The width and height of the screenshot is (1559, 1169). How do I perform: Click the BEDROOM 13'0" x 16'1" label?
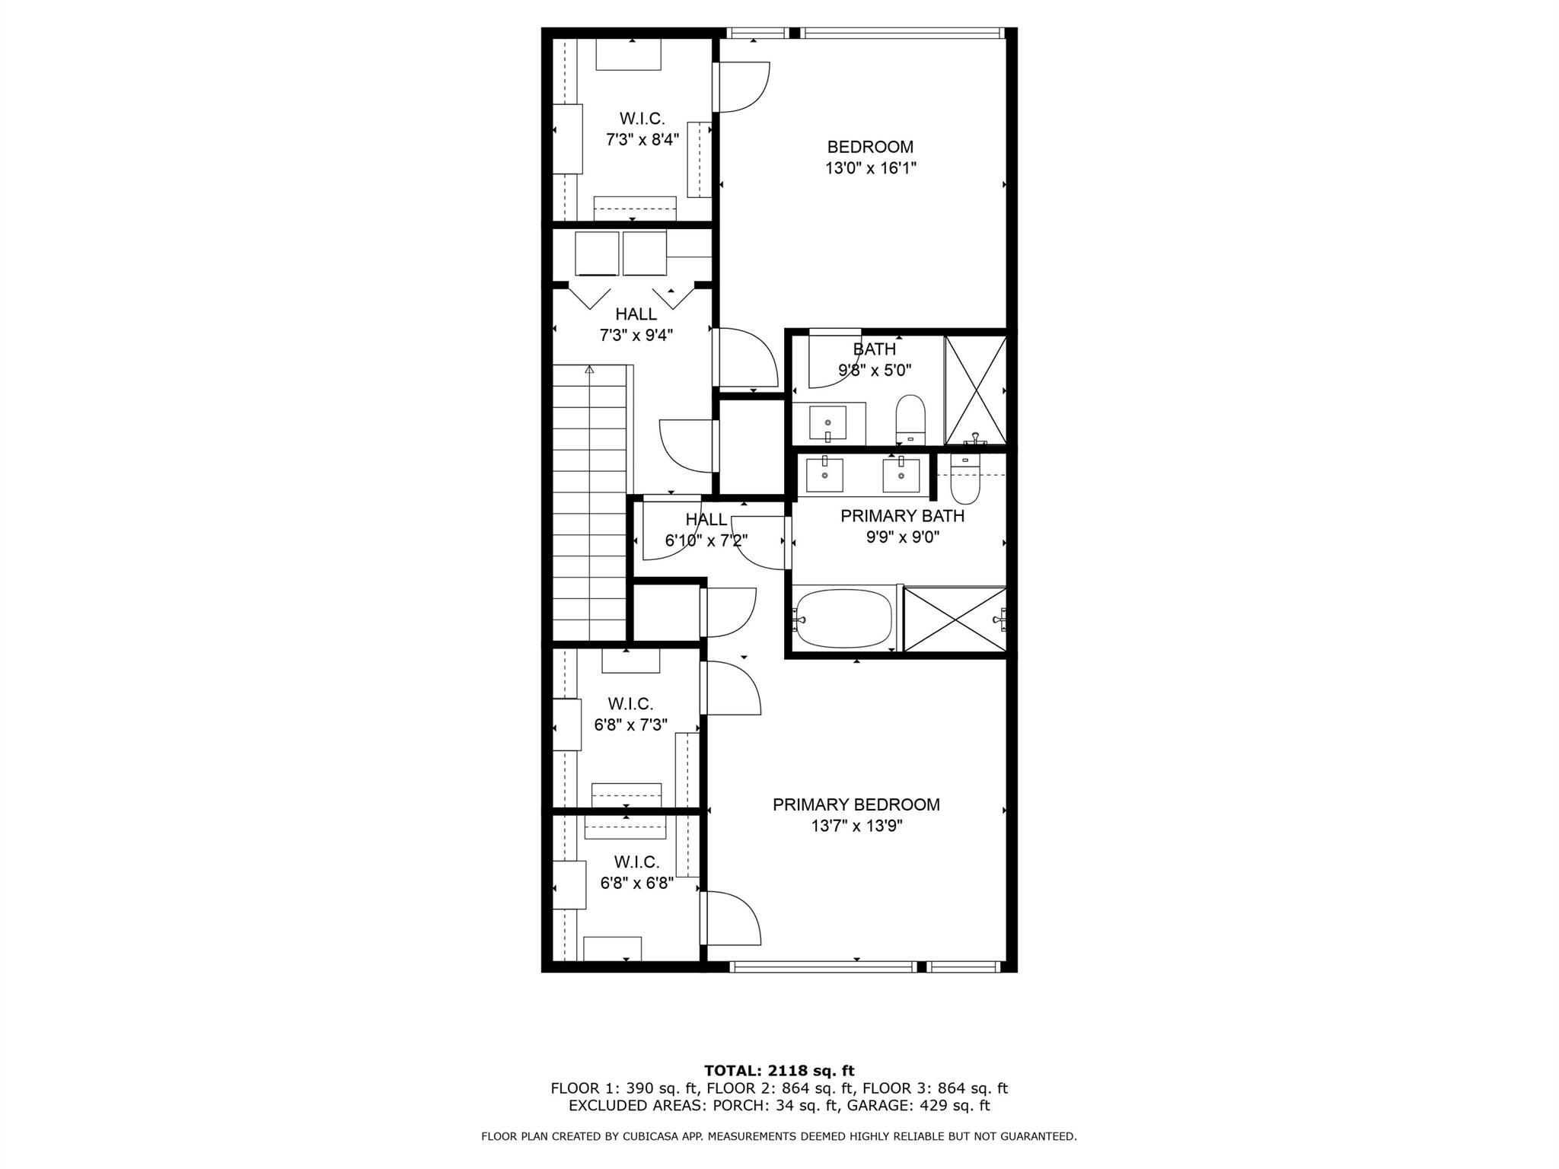coord(870,158)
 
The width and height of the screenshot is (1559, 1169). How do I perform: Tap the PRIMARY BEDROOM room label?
coord(856,815)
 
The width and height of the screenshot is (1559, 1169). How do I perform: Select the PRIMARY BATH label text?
coord(902,516)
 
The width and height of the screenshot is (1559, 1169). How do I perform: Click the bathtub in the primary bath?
coord(843,619)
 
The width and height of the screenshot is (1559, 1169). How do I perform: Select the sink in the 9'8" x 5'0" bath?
coord(827,422)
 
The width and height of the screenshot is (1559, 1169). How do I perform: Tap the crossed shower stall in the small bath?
coord(975,390)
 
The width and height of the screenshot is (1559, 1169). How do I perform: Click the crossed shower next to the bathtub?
coord(954,619)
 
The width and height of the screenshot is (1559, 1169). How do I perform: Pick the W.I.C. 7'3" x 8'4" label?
coord(642,129)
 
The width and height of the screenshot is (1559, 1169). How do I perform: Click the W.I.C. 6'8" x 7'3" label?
coord(630,715)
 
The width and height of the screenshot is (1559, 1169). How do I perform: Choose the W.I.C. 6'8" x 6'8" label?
coord(636,873)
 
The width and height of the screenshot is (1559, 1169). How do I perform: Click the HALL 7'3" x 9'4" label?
coord(636,325)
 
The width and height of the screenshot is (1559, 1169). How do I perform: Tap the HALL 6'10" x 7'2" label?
coord(706,530)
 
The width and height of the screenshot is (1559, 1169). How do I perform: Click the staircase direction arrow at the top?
coord(589,370)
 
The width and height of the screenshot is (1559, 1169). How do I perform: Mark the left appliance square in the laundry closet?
coord(597,253)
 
